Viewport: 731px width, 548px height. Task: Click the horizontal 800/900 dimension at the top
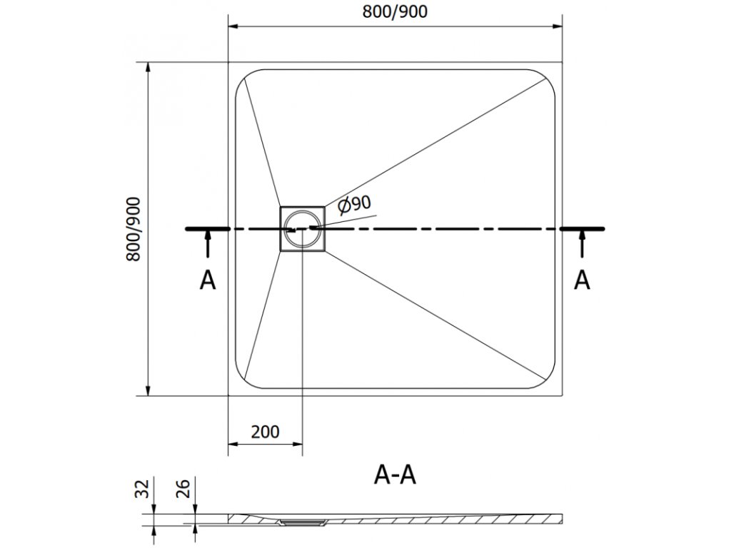394,14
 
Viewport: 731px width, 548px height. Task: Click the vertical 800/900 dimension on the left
136,229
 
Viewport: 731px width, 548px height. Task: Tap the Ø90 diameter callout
355,204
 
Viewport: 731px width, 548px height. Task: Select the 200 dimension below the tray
265,432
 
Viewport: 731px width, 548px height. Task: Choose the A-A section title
394,474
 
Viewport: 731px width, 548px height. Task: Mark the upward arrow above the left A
207,245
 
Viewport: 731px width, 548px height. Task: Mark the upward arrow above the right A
583,245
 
